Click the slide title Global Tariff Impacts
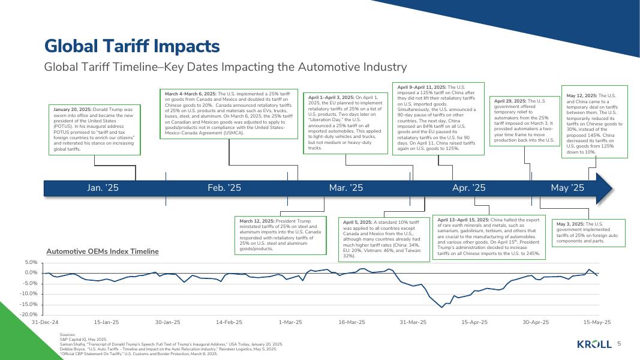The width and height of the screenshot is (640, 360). click(x=132, y=46)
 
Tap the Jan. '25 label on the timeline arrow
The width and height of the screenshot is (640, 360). click(x=103, y=188)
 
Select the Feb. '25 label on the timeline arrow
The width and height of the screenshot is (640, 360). click(x=224, y=188)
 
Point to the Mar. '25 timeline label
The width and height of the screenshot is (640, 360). click(x=346, y=188)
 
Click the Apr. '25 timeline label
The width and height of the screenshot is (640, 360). click(x=468, y=188)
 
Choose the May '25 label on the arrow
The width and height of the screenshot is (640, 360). click(x=567, y=188)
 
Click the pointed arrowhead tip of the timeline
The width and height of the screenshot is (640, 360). click(x=612, y=188)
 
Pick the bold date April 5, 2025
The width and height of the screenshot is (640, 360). click(x=357, y=222)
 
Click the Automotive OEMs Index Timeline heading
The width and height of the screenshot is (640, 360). click(x=103, y=251)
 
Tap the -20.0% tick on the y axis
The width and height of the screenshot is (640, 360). click(x=30, y=314)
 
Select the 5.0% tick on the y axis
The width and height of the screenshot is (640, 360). click(x=31, y=263)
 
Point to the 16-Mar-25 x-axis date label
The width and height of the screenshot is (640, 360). click(x=351, y=322)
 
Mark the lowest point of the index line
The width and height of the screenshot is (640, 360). click(x=442, y=307)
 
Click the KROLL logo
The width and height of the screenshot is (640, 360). click(x=594, y=344)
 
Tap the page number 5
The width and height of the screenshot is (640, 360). click(x=619, y=344)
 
